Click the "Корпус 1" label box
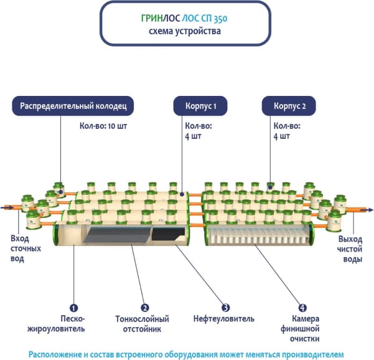(x=200, y=107)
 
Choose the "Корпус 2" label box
(x=290, y=107)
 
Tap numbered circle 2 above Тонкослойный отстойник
(x=144, y=308)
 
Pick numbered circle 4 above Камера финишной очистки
(x=302, y=308)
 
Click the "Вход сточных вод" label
(x=26, y=249)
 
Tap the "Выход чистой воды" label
(x=349, y=249)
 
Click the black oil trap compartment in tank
(x=168, y=235)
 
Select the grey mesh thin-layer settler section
(x=118, y=235)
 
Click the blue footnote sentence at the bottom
(x=186, y=353)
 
